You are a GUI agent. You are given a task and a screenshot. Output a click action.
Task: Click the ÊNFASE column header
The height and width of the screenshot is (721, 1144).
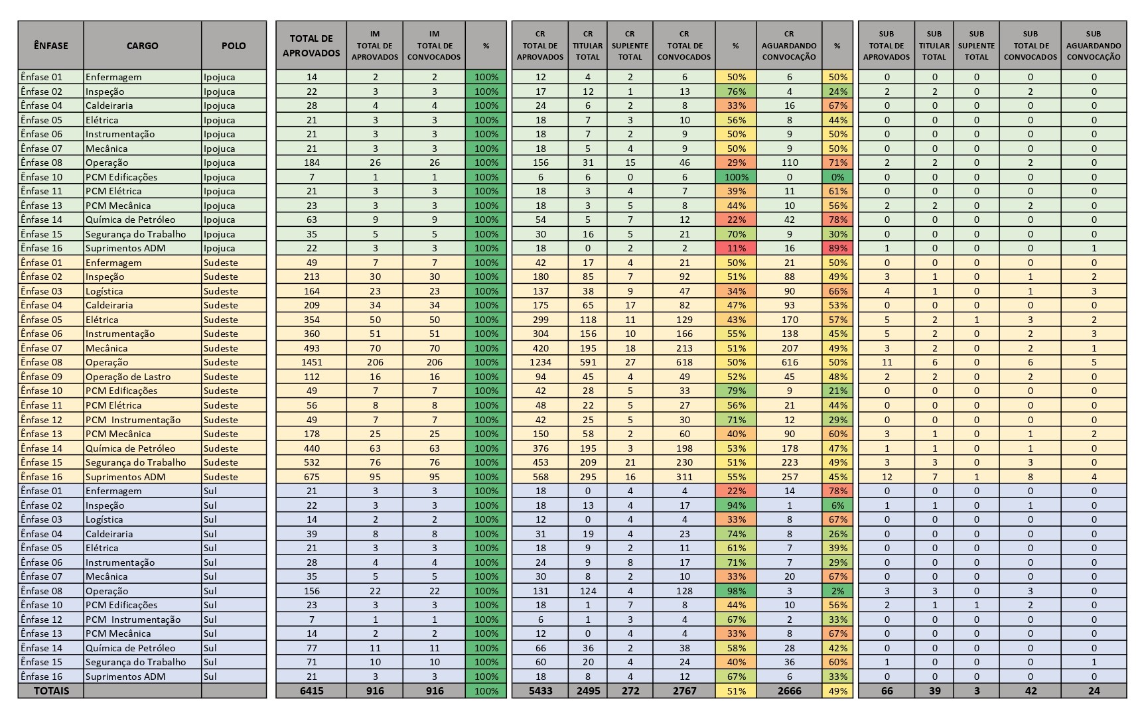51,45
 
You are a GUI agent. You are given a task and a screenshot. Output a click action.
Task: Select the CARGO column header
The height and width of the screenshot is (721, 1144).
142,45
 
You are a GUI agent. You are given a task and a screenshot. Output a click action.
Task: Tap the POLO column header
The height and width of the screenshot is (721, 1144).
234,45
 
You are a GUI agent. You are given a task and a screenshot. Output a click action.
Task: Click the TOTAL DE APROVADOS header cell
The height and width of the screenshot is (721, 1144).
311,45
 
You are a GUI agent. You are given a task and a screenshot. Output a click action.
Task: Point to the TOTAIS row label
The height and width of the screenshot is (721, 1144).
51,690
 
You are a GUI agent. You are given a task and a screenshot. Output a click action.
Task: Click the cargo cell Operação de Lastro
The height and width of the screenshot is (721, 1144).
128,377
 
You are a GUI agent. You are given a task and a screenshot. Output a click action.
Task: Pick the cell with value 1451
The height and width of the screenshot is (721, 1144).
311,362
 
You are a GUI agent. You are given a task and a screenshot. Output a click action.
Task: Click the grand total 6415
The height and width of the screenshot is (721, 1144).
311,690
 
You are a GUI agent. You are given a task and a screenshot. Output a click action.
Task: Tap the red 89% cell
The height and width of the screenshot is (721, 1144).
837,248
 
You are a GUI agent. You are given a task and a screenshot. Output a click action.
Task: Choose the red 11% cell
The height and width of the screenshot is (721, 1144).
736,248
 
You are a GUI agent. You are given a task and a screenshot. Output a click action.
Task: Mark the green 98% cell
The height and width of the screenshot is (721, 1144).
736,591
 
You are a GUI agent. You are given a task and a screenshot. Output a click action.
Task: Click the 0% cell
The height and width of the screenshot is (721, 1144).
837,177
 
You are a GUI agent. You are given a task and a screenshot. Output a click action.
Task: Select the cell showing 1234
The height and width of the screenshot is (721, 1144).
540,362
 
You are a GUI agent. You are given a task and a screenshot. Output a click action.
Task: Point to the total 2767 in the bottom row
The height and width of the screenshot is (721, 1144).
684,690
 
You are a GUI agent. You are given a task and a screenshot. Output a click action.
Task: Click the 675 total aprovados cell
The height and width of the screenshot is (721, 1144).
311,477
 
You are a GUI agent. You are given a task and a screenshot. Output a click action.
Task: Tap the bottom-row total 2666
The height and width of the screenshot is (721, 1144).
789,690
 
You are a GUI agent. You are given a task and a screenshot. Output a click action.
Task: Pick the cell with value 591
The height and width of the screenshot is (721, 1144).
588,362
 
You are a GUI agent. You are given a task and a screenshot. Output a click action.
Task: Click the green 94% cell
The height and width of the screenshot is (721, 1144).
736,505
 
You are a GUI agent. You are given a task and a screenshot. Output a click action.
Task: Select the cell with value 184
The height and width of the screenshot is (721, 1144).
311,163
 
